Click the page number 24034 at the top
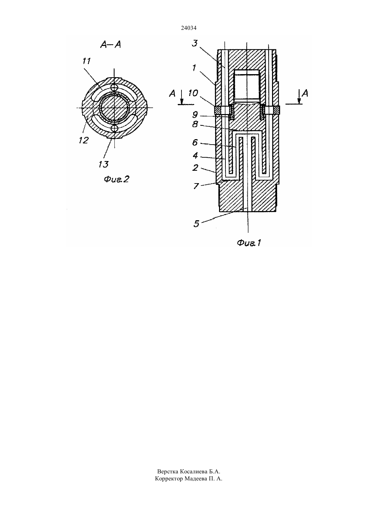(x=189, y=28)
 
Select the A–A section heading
(x=111, y=44)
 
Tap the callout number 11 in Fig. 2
(x=87, y=61)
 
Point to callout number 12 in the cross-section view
(x=84, y=140)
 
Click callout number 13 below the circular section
(x=103, y=164)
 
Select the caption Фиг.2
(x=116, y=179)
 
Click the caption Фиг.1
(x=249, y=243)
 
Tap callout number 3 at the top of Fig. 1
(x=195, y=43)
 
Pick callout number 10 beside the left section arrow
(x=193, y=93)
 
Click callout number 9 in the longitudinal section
(x=195, y=114)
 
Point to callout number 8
(x=195, y=124)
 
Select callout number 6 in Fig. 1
(x=195, y=142)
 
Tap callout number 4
(x=195, y=155)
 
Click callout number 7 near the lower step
(x=196, y=186)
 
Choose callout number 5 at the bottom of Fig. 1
(x=196, y=224)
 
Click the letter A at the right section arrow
(x=305, y=94)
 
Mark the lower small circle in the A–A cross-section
(x=114, y=128)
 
